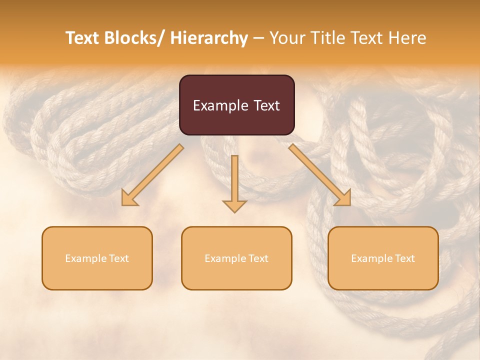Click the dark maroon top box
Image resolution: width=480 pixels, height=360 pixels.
pyautogui.click(x=236, y=105)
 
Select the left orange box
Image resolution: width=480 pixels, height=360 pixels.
pyautogui.click(x=97, y=258)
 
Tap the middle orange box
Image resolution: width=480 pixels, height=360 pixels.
pyautogui.click(x=236, y=258)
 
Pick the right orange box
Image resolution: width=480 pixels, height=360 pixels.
pyautogui.click(x=383, y=258)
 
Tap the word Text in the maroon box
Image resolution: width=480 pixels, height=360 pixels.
pyautogui.click(x=265, y=105)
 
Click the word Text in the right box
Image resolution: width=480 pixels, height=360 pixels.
pyautogui.click(x=405, y=258)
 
